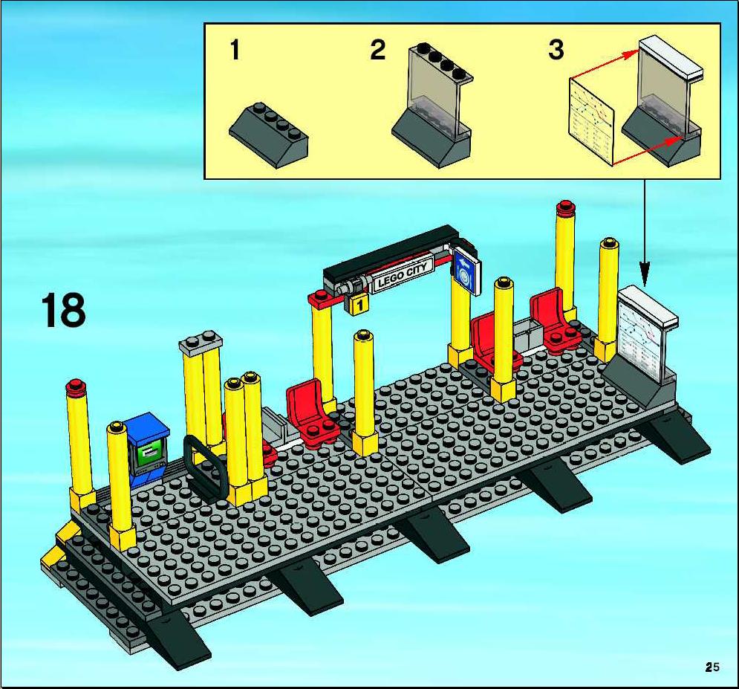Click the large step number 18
63,310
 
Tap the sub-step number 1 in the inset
235,50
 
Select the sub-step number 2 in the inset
377,50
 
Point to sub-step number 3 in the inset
556,50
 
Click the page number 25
712,667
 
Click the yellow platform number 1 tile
359,305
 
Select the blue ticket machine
147,448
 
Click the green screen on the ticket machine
151,454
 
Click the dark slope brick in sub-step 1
269,135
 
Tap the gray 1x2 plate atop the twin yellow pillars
201,343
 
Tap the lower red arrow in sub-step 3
648,150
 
